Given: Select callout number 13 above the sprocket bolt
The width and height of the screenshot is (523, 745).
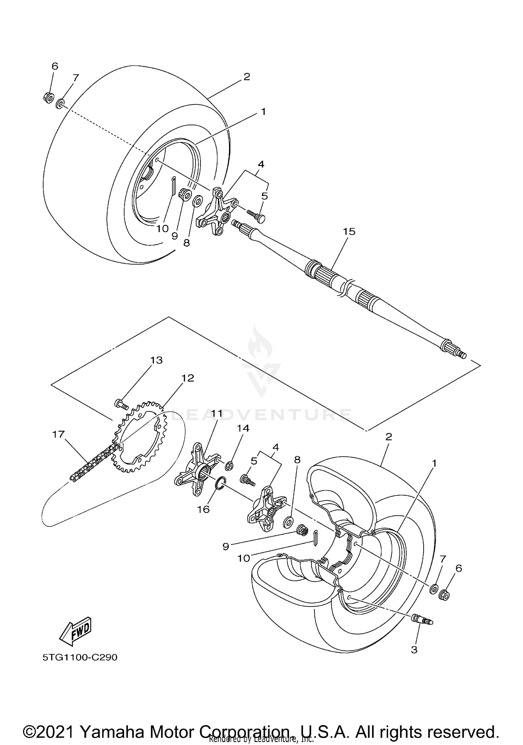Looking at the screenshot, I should (157, 360).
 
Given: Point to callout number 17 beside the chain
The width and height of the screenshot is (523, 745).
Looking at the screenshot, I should (58, 434).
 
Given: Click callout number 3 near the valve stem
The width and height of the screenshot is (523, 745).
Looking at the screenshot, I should (414, 650).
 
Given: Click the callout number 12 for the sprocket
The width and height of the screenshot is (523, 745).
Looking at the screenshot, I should (188, 378).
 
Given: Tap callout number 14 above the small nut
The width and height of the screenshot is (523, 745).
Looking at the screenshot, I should (243, 428).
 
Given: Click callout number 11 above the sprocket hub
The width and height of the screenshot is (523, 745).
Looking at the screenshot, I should (217, 414).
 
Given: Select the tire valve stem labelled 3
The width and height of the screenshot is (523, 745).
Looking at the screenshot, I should (422, 619).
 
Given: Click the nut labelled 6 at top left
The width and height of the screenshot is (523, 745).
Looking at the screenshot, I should (48, 97).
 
